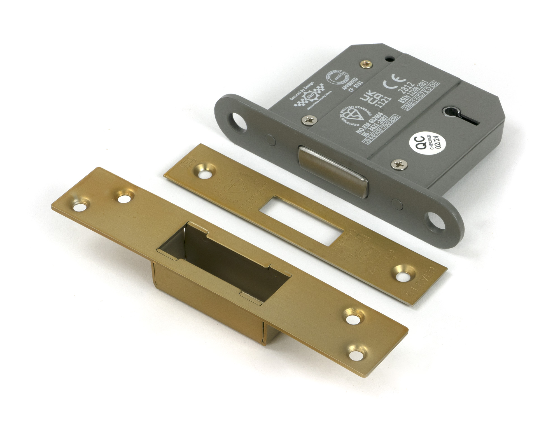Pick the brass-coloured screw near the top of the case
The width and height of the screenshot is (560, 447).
(366, 65)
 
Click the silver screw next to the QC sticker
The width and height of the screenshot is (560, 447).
(399, 165)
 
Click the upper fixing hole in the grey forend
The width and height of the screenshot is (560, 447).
(236, 118)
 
